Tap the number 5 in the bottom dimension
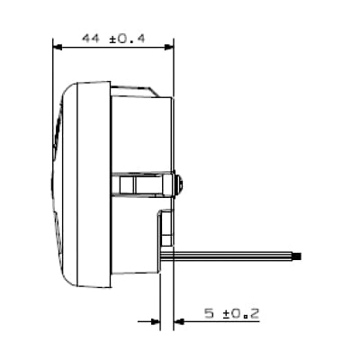click(x=208, y=313)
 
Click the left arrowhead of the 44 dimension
click(x=58, y=47)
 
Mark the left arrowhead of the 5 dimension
click(x=154, y=322)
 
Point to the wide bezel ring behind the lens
click(x=91, y=180)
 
